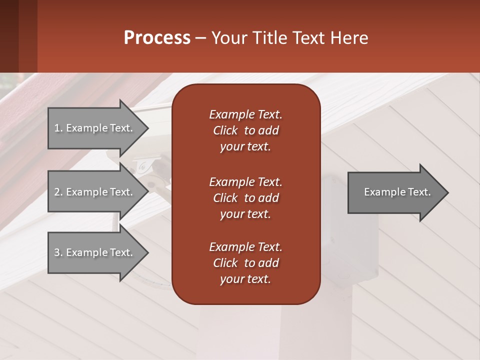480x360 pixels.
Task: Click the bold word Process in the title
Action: click(x=157, y=38)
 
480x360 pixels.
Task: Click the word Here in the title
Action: click(x=349, y=38)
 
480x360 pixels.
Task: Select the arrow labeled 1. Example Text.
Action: click(x=95, y=128)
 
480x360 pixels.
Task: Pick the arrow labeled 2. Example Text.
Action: click(x=95, y=192)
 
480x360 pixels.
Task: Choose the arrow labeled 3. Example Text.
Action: click(x=95, y=252)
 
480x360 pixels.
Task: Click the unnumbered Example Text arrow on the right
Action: click(x=395, y=192)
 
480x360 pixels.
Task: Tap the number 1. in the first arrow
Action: click(x=58, y=128)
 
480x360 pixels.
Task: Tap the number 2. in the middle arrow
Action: click(x=58, y=192)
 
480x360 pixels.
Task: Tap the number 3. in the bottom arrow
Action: click(x=58, y=252)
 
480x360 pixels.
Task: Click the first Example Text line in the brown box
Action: click(x=245, y=114)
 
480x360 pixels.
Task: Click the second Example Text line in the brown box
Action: click(x=245, y=181)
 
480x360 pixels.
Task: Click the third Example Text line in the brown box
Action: click(x=245, y=247)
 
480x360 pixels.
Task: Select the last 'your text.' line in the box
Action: click(x=245, y=279)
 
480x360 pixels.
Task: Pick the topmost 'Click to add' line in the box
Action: click(x=245, y=130)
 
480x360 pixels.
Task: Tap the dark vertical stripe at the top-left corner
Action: click(x=9, y=36)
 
